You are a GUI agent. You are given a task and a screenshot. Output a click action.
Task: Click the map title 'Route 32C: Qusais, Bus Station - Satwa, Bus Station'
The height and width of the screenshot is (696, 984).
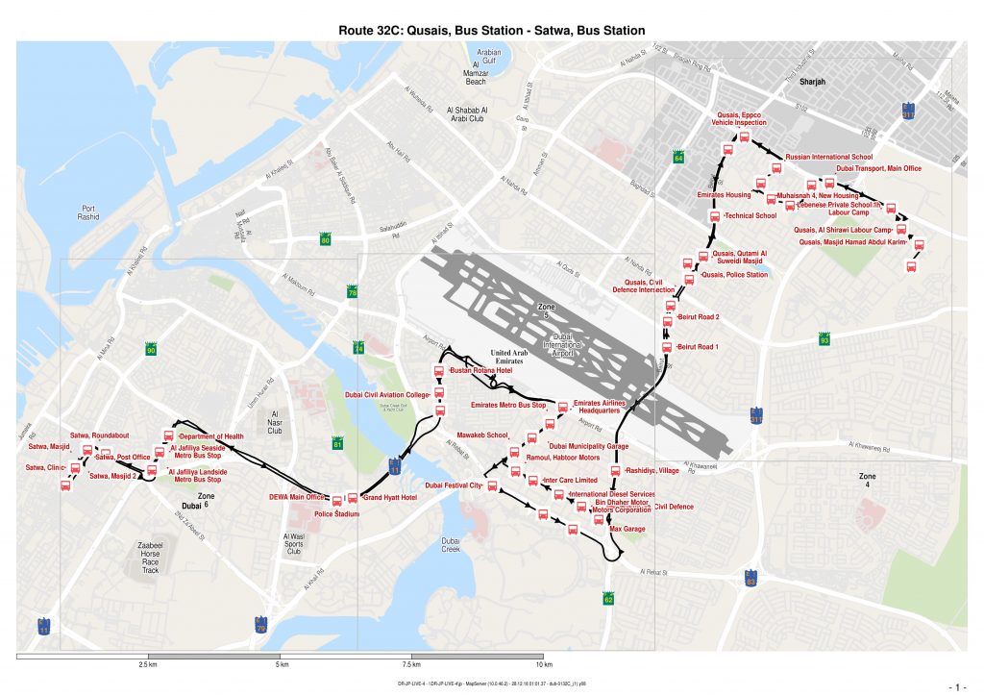point(491,30)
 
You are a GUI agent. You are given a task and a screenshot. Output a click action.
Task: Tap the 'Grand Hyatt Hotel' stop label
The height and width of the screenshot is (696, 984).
point(388,498)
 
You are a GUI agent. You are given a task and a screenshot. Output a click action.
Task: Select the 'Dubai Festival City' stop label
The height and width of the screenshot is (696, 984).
point(453,485)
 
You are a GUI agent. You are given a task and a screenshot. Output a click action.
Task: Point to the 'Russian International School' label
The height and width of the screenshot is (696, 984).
point(828,156)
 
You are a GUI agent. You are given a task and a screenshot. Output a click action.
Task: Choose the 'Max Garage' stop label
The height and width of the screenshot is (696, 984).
point(628,529)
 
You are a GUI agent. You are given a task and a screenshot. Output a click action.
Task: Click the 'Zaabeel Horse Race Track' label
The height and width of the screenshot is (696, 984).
point(150,558)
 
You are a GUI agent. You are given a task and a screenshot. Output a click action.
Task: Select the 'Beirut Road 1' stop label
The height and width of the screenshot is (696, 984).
point(699,346)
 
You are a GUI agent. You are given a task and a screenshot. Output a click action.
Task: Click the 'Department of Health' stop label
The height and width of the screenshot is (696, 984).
point(213,436)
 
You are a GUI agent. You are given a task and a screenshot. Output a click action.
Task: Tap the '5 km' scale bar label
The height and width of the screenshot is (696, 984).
point(280,665)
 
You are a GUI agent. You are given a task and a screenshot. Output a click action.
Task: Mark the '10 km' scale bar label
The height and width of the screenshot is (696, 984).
point(543,665)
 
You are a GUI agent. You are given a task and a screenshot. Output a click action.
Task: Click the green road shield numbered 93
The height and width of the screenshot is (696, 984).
point(824,339)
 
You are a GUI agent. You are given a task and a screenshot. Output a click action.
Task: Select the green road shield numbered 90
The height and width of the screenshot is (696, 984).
point(151,349)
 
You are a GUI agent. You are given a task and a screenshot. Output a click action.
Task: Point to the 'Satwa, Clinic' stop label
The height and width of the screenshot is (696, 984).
point(44,468)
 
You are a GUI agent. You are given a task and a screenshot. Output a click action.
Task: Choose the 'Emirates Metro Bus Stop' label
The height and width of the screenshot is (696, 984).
point(508,406)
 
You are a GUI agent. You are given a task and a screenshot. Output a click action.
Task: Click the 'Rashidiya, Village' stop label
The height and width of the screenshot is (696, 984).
point(652,471)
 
